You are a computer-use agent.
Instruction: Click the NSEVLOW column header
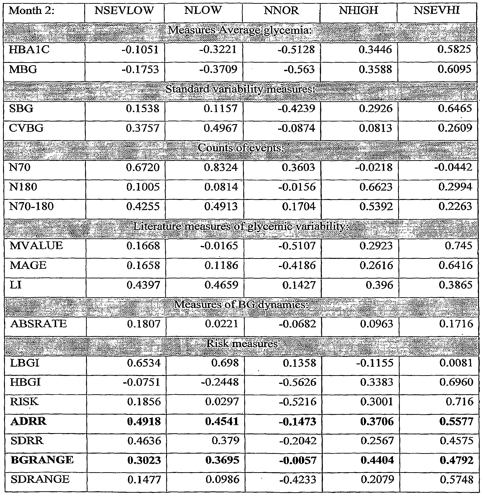click(x=124, y=11)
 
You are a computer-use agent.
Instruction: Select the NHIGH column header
click(x=359, y=11)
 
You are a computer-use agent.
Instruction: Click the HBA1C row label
click(x=29, y=50)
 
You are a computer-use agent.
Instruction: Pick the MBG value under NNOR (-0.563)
click(x=299, y=69)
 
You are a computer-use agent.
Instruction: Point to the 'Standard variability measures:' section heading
click(x=240, y=89)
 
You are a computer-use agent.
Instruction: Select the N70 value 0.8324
click(x=221, y=167)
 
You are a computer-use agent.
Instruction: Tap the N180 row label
click(x=23, y=187)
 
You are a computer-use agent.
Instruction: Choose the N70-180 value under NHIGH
click(x=376, y=207)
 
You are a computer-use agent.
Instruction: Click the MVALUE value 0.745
click(x=458, y=246)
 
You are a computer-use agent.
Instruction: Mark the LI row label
click(x=16, y=285)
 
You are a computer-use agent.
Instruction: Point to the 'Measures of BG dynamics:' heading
click(x=241, y=304)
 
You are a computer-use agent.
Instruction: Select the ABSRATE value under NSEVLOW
click(x=144, y=324)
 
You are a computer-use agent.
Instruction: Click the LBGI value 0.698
click(x=225, y=363)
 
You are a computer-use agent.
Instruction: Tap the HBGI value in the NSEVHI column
click(x=456, y=382)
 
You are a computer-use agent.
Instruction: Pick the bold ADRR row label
click(x=29, y=421)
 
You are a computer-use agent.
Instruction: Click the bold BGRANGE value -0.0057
click(x=298, y=460)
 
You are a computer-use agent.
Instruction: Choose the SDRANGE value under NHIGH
click(x=377, y=480)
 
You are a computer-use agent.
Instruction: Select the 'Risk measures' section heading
click(x=242, y=344)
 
